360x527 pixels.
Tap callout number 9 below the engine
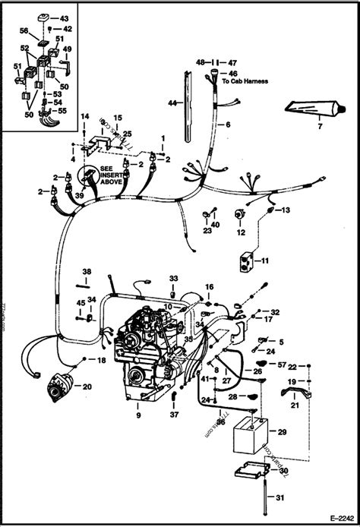click(138, 415)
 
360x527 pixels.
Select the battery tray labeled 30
click(247, 473)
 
